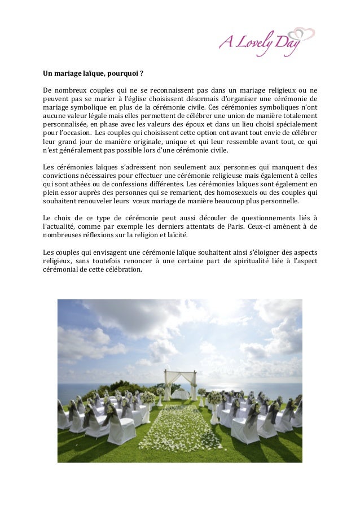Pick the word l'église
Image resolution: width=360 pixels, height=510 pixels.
[135, 99]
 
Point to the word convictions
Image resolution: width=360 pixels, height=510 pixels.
[63, 176]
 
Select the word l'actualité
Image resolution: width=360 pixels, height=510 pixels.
[61, 226]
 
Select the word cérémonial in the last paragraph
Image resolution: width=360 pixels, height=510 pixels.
[64, 269]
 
